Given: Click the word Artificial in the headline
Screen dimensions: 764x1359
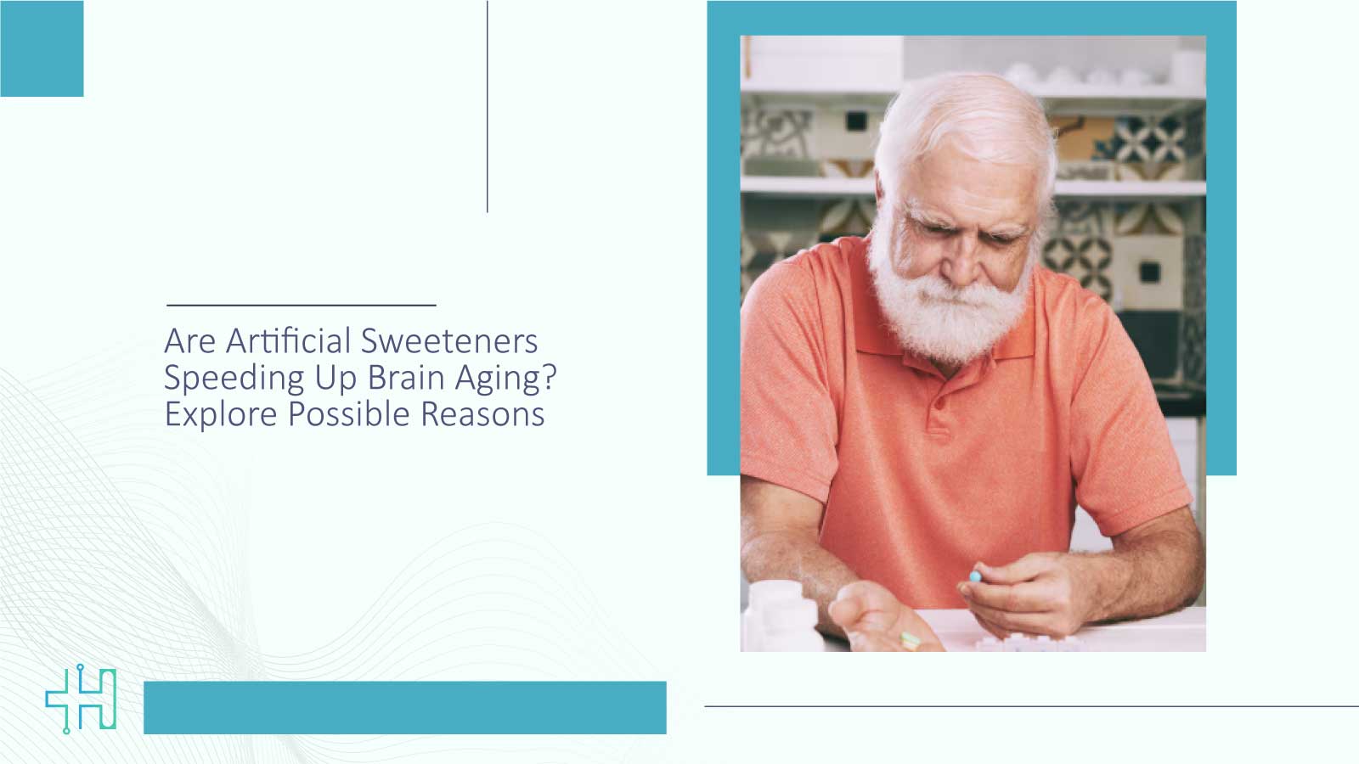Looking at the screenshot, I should (288, 341).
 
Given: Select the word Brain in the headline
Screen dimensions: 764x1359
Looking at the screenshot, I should (405, 378).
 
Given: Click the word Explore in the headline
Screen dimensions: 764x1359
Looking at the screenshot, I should (220, 414).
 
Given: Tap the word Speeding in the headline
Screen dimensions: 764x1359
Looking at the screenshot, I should (234, 379).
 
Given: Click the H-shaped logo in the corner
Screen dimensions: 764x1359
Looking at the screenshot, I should (82, 699).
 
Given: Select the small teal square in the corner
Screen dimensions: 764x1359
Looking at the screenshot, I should (42, 48).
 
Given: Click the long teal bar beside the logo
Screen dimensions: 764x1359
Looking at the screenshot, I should (404, 707).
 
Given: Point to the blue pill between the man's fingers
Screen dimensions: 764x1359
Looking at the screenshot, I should (975, 576).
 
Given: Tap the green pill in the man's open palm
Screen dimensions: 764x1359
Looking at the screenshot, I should (910, 639).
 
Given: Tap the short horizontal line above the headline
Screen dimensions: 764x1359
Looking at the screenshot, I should (301, 304).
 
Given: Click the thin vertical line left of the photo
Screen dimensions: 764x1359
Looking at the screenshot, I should (487, 106).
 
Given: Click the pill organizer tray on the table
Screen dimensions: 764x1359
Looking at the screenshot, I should (1019, 641).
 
